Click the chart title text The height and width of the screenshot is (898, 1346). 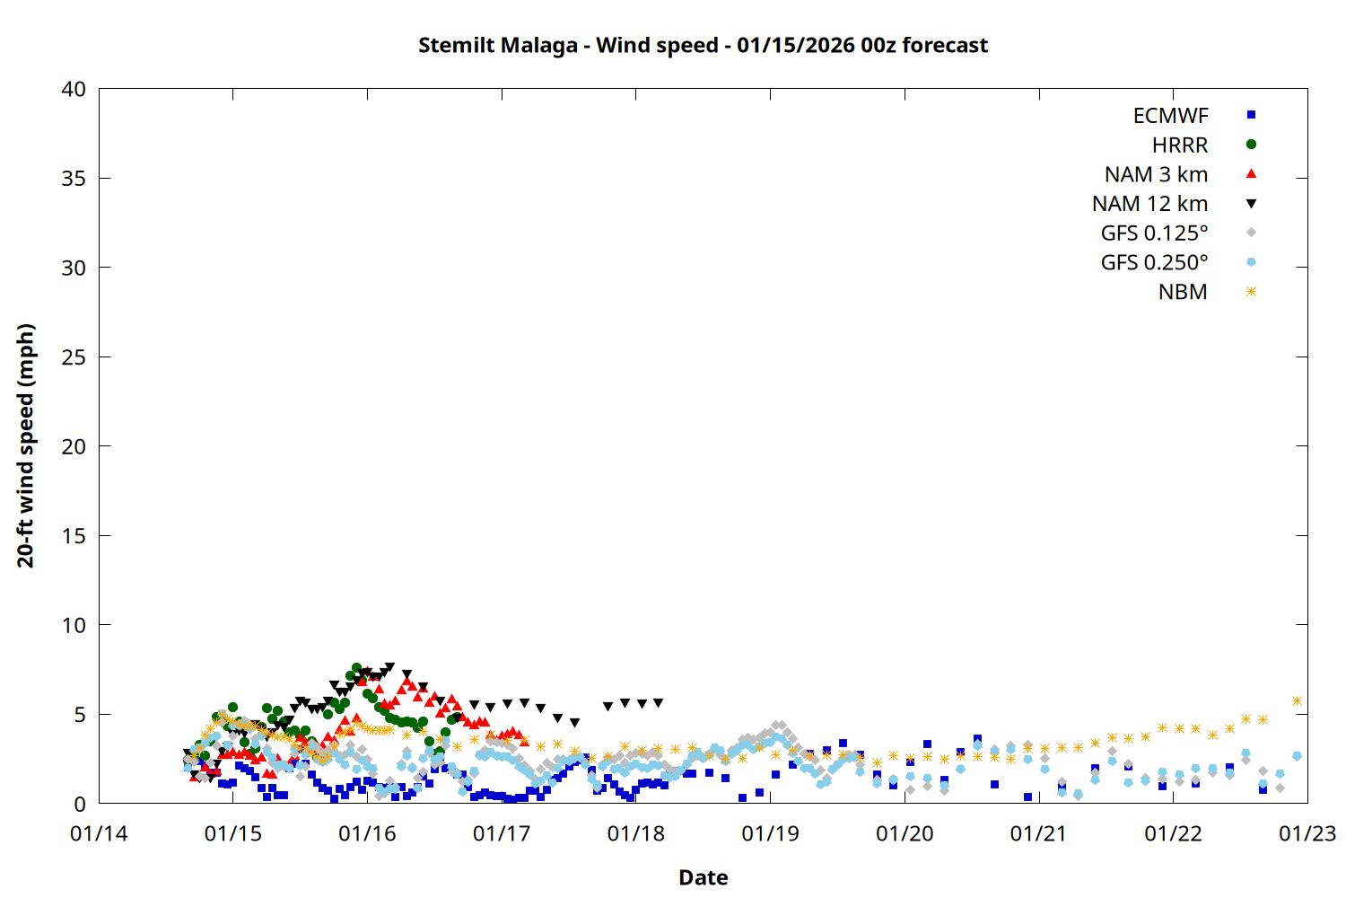pos(703,45)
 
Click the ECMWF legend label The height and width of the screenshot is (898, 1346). pos(1170,116)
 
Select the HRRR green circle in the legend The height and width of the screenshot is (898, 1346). pos(1251,145)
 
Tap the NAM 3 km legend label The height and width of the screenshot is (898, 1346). pos(1156,174)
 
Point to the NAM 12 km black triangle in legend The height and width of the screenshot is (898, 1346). pos(1251,204)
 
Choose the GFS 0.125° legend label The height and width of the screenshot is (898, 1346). pos(1154,233)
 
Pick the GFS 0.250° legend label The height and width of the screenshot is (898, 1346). pos(1154,263)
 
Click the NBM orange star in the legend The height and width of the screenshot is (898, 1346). pos(1251,292)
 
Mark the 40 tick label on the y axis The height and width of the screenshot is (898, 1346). pos(74,89)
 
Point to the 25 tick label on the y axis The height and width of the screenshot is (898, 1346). pos(74,357)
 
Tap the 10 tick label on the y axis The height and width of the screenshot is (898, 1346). pos(74,625)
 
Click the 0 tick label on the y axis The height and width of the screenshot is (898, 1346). pos(80,804)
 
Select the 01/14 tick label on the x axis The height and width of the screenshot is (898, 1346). pos(99,833)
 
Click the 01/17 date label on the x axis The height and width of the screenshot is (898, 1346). pos(502,833)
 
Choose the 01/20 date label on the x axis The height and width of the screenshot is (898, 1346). pos(905,833)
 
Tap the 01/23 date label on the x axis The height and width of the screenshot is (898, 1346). pos(1307,833)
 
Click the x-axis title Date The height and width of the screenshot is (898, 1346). pos(703,877)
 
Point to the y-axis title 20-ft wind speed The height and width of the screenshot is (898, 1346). pos(26,445)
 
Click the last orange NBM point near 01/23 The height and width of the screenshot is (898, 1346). pos(1297,700)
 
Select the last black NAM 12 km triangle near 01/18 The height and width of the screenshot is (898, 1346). pos(658,703)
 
